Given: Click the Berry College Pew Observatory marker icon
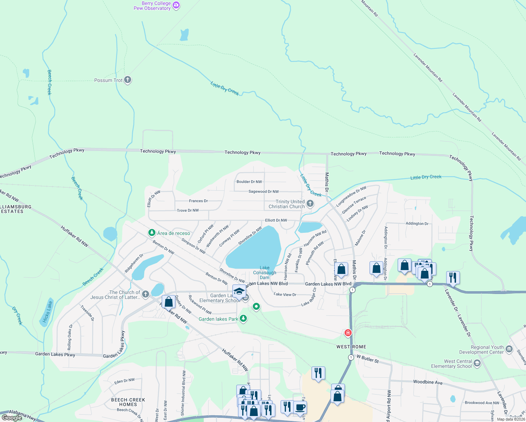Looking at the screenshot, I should (x=176, y=5).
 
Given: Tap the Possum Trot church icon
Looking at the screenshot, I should (x=128, y=80).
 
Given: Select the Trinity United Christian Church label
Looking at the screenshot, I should (x=287, y=204).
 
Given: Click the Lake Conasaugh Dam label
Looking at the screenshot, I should (x=264, y=273).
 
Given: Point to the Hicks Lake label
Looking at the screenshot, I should (x=47, y=312).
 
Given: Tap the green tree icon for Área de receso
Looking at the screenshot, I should (x=152, y=233).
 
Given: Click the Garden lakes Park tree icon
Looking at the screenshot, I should (x=243, y=319).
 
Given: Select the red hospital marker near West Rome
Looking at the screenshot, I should (x=348, y=332).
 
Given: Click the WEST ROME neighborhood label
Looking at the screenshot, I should (x=351, y=347).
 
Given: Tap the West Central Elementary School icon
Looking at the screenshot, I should (x=477, y=363).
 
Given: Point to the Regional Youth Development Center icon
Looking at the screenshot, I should (x=509, y=350).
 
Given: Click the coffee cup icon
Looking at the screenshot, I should (x=300, y=408).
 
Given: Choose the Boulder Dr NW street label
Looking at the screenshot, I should (x=249, y=182).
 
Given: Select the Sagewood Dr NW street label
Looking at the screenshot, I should (x=263, y=192).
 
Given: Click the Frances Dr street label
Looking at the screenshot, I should (x=198, y=201).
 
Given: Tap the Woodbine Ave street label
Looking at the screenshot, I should (x=428, y=382).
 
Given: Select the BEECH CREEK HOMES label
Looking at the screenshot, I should (x=128, y=402).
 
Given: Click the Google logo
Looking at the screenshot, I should (x=12, y=417).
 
